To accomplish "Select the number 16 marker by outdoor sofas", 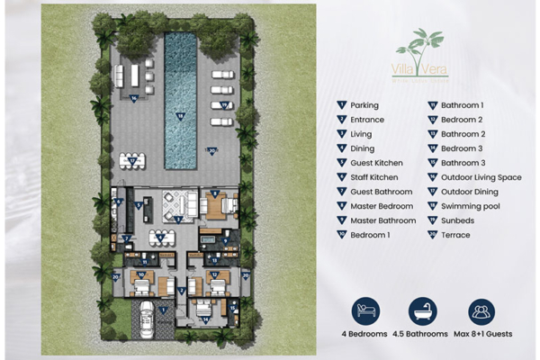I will click(134, 97).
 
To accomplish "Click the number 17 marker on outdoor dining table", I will click(133, 160).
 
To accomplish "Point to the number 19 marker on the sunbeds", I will click(223, 104).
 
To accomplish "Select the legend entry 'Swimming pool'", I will click(462, 206).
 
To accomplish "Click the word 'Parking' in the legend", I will click(364, 105).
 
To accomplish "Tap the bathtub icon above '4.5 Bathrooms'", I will click(423, 311).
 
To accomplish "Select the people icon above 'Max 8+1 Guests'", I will click(481, 311).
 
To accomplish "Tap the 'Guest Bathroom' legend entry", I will click(382, 192).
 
